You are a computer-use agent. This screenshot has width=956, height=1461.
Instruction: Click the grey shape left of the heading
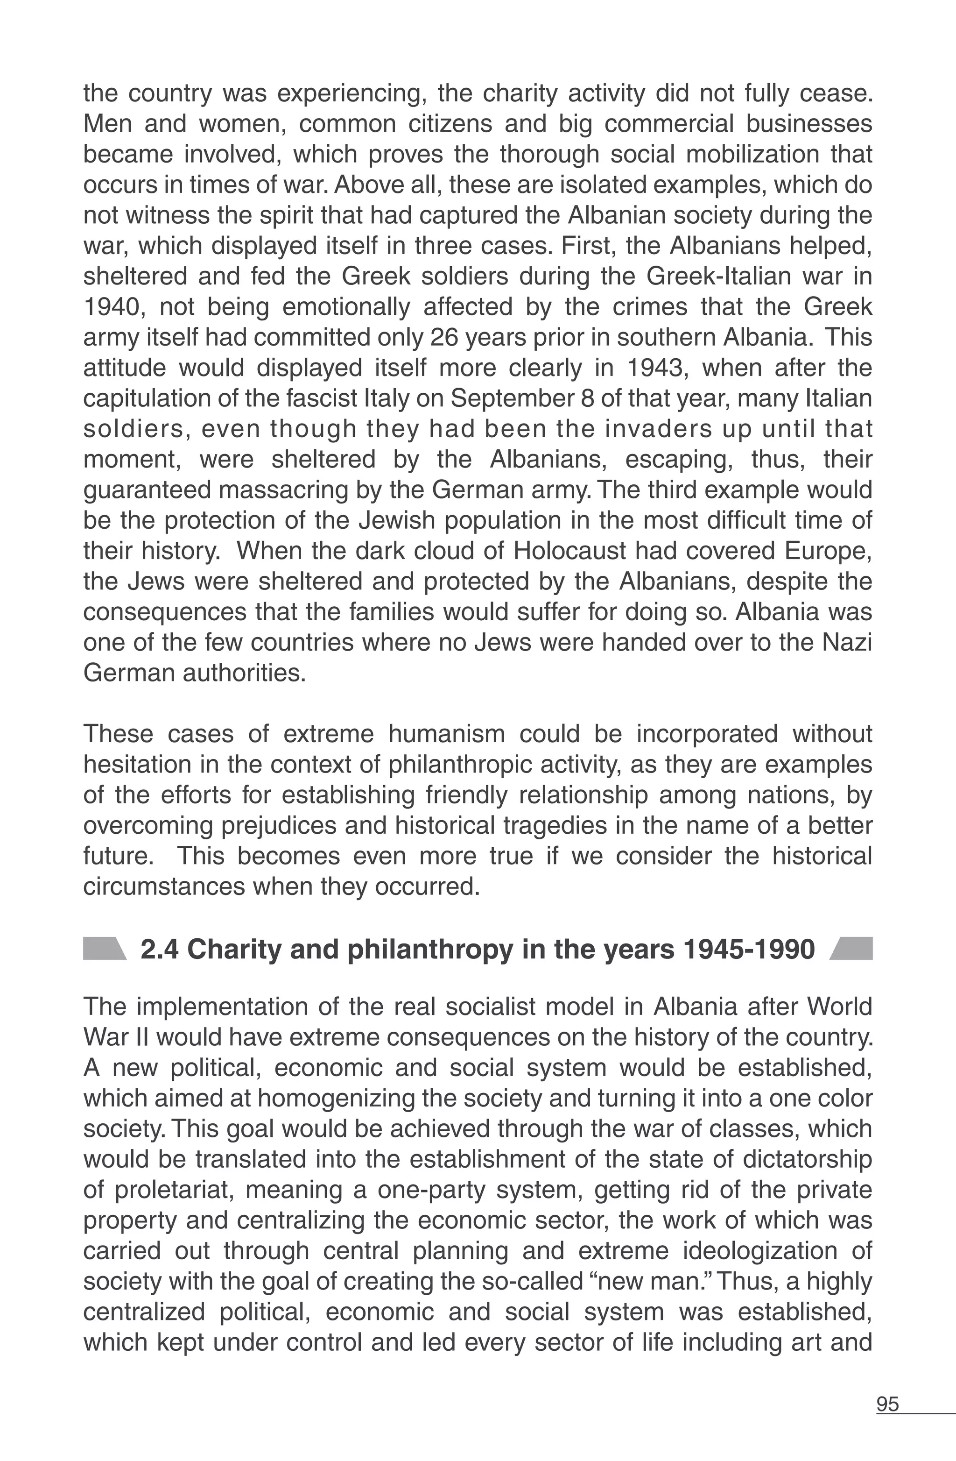(x=104, y=949)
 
